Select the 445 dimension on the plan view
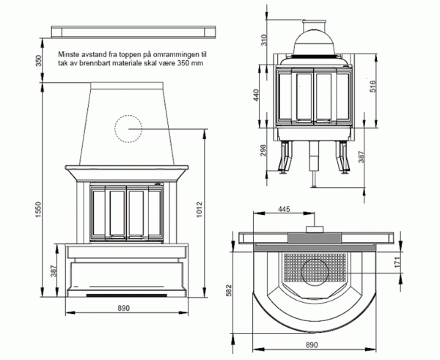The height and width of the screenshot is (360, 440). point(285,210)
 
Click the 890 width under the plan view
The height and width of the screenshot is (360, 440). point(311,345)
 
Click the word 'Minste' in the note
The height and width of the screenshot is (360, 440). point(71,55)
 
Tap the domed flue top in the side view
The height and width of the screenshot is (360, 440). point(315,33)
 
